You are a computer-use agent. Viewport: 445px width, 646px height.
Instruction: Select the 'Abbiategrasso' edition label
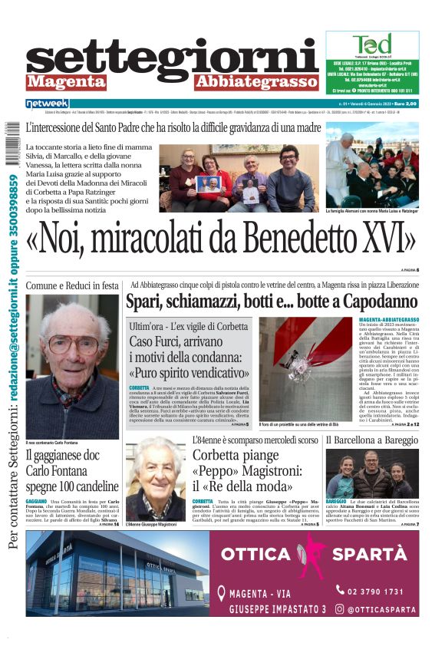point(255,82)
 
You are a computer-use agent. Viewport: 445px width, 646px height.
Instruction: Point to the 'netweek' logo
point(47,103)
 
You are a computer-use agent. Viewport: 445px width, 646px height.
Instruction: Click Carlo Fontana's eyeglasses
point(73,344)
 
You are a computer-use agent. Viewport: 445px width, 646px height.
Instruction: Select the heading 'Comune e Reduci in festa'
point(72,286)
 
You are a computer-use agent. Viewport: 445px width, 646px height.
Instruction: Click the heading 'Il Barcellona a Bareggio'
point(371,440)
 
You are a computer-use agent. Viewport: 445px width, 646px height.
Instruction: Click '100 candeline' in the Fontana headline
point(84,487)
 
